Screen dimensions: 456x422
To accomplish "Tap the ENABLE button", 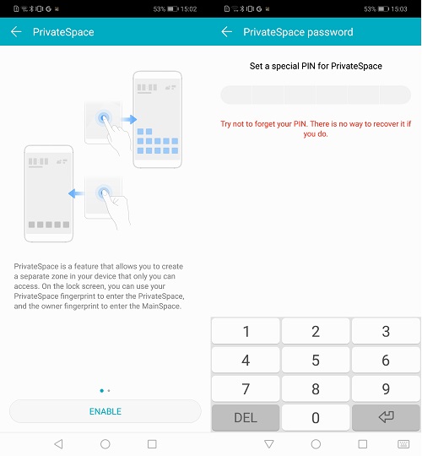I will [x=105, y=411].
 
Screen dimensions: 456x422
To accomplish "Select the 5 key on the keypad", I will [x=316, y=361].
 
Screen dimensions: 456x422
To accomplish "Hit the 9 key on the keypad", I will [x=386, y=389].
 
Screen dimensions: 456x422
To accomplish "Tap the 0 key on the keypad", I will [x=316, y=418].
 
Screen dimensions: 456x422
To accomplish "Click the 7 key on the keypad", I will [x=246, y=389].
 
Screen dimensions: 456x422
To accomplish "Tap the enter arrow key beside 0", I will [x=386, y=418].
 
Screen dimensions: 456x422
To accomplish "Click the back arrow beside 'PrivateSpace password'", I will [x=226, y=32].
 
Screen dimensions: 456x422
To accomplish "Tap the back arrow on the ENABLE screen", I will [x=16, y=32].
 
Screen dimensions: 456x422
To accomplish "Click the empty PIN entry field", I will [x=316, y=95].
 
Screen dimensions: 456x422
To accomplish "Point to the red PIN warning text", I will [x=316, y=128].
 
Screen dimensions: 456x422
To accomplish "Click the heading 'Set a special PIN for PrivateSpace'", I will [x=316, y=66].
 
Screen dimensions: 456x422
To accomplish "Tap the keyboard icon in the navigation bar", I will [x=403, y=443].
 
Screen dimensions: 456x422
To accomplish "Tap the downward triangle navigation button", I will [x=269, y=443].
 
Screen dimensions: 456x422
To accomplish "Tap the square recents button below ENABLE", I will [x=152, y=443].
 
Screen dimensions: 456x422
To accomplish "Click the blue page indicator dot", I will [x=101, y=391].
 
